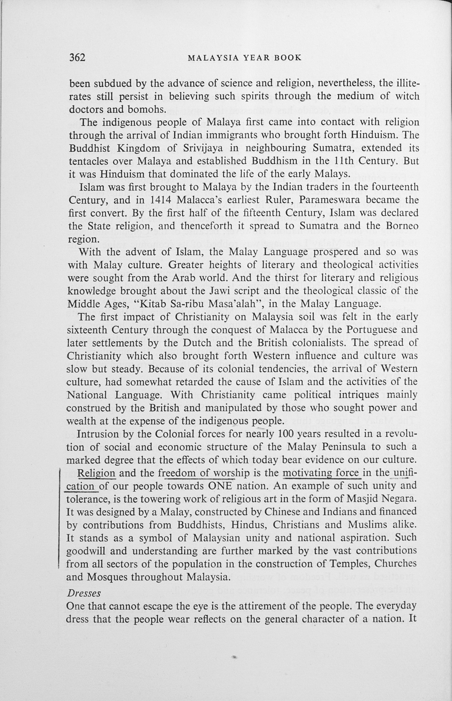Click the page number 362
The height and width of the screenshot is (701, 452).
point(77,57)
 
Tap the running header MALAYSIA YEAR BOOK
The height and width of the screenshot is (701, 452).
point(245,58)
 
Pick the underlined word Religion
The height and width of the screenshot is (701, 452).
point(96,473)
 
